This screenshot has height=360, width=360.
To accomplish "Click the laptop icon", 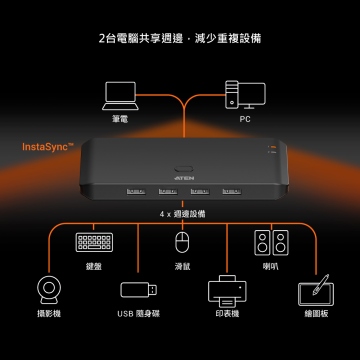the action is coord(120,96).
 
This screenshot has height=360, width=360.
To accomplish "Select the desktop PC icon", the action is coord(245,95).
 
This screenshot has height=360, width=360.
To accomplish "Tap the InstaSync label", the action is coord(47,147).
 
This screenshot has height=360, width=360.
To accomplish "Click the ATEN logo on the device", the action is coord(184,178).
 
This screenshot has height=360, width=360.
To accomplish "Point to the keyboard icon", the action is coord(94,242).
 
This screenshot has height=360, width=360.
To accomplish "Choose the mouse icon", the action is coord(182,242).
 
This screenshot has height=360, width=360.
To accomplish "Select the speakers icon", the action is coord(271,243).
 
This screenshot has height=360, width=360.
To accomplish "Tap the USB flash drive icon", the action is coord(138,289).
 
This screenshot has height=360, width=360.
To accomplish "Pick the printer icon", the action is coord(227,291).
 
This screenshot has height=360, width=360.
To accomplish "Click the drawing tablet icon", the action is coord(316,290).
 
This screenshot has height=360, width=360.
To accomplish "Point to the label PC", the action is coord(245,119).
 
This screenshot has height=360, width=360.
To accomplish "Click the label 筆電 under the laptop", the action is coord(120,119).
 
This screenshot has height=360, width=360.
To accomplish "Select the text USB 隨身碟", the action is coord(139,314).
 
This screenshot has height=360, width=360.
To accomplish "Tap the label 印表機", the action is coord(227,314).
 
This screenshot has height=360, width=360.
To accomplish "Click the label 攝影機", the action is coord(49,314).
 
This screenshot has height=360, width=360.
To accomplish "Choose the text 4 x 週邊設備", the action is coord(182,214).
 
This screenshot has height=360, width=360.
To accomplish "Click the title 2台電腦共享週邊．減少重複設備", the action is coord(180,38).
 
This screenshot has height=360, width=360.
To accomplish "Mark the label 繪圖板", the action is coord(316,314).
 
